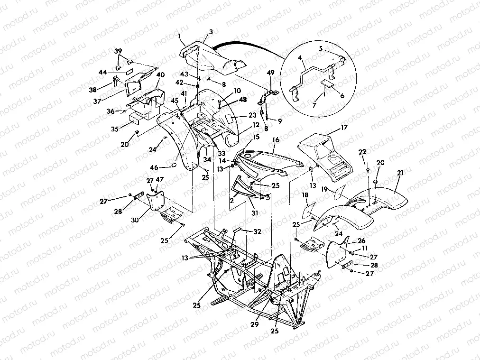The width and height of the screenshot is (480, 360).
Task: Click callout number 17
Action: coord(343,128)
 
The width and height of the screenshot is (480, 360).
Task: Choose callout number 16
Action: coord(276,140)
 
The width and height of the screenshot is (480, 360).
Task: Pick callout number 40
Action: coord(160,74)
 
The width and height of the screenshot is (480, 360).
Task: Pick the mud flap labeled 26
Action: coord(338,252)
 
